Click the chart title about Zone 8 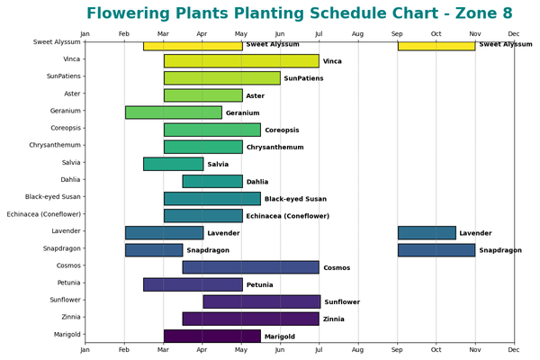pos(311,13)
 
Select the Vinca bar pos(241,61)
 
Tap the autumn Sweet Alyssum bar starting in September pos(436,45)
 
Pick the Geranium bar pos(174,112)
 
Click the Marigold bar pos(211,336)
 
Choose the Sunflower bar pos(261,301)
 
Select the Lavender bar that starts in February pos(164,233)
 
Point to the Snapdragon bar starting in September pos(436,250)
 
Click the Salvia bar pos(173,164)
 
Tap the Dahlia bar pos(212,181)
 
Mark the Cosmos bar pos(250,267)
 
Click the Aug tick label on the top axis pos(357,34)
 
